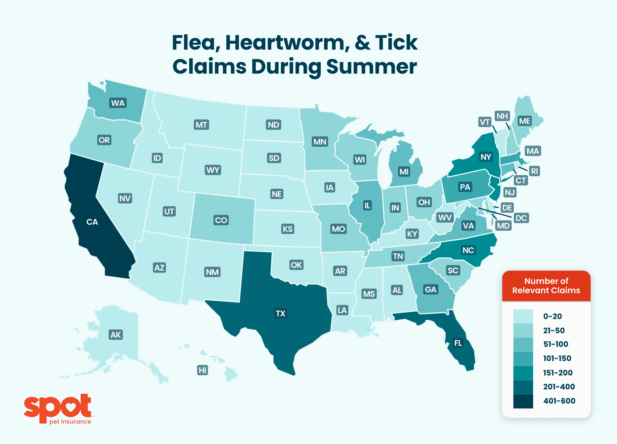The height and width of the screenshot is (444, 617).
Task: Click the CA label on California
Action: tap(92, 222)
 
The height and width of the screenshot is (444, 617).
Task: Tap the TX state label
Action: tap(280, 313)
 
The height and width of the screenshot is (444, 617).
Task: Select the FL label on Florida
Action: tap(458, 343)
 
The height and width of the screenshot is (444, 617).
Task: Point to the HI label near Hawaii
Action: tap(203, 370)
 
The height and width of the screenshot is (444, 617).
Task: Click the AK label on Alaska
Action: tap(116, 335)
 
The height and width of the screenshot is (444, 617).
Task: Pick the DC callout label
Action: tap(521, 218)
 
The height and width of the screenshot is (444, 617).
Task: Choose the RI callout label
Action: tap(534, 171)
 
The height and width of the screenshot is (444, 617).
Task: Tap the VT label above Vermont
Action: tap(485, 122)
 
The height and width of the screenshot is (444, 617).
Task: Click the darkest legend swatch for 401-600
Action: tap(523, 401)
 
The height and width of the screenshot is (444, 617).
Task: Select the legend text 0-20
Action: tap(552, 316)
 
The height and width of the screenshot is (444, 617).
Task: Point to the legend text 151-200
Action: tap(557, 373)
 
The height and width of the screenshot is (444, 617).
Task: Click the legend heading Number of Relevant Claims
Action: tap(546, 286)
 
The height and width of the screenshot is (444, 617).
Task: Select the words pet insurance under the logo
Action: tap(70, 422)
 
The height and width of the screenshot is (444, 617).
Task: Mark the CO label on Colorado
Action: tap(221, 220)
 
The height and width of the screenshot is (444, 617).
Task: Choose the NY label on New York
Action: tap(486, 157)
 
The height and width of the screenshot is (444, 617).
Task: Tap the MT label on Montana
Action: tap(201, 125)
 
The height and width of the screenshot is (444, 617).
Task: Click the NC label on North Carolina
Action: tap(468, 250)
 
